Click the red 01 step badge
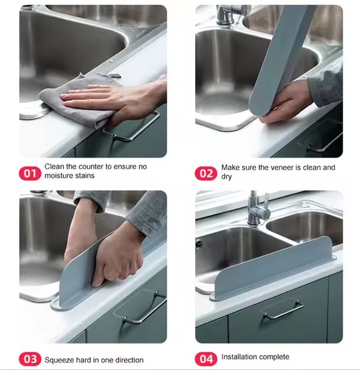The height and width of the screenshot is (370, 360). point(30,173)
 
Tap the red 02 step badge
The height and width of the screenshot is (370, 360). point(206,173)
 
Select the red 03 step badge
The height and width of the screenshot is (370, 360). point(30,359)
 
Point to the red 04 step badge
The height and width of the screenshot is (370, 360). point(206,359)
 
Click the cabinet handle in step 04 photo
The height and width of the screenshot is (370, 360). point(282,310)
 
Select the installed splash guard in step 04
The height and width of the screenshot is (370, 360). point(273,269)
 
